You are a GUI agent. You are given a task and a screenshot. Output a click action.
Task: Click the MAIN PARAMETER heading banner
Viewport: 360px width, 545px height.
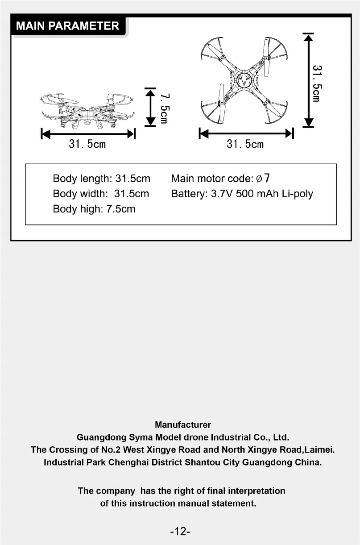68,26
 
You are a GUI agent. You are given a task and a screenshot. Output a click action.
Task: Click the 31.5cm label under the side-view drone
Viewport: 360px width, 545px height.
87,144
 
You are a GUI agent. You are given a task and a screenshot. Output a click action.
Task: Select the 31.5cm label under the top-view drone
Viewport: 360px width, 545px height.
245,144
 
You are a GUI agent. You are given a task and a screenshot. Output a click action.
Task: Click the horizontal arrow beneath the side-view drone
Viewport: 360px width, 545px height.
88,133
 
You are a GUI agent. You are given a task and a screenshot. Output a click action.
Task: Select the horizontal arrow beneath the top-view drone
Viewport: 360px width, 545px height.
246,133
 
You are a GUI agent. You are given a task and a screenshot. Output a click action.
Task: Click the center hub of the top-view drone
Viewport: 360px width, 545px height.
244,81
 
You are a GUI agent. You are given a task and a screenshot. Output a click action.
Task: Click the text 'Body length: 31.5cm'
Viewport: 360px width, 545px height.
101,179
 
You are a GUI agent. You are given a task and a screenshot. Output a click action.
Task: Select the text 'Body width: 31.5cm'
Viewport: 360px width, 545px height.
101,194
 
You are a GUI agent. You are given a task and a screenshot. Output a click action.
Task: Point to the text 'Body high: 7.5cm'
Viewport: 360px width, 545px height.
94,209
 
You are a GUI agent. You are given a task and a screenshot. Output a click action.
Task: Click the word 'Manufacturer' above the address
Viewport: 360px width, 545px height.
183,424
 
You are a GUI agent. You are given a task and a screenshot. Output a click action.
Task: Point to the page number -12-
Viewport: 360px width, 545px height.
180,531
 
